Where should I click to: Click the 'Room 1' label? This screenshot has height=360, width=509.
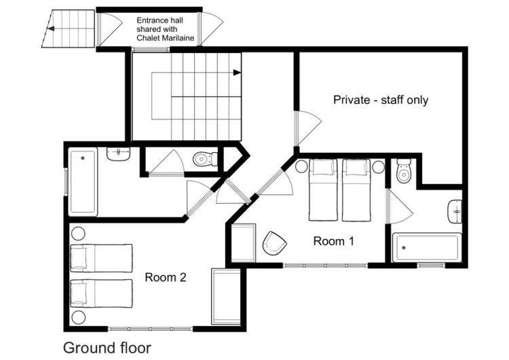333,241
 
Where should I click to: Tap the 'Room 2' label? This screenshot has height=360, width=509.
165,278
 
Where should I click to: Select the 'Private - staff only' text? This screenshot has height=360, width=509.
381,100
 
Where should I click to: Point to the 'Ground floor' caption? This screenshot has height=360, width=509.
107,348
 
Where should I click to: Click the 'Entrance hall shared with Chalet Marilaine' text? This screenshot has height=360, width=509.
165,29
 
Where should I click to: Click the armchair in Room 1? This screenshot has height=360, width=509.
274,243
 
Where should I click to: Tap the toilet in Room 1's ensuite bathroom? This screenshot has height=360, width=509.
404,171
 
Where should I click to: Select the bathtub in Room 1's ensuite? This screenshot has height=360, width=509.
427,247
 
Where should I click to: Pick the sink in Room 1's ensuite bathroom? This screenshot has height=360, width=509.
455,211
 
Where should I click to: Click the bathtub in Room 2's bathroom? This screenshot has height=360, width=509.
83,181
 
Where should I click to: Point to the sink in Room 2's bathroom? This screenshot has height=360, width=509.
119,154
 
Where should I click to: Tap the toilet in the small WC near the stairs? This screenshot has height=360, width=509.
205,159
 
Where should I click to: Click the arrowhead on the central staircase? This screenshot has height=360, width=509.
238,73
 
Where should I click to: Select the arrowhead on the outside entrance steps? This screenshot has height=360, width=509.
51,29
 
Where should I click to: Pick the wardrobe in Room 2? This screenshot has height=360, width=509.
226,296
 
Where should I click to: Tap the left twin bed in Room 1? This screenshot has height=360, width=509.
323,190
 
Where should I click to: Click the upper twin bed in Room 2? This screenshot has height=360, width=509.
102,258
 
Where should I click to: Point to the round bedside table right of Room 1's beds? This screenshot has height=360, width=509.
378,167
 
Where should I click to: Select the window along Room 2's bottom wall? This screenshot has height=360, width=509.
150,329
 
